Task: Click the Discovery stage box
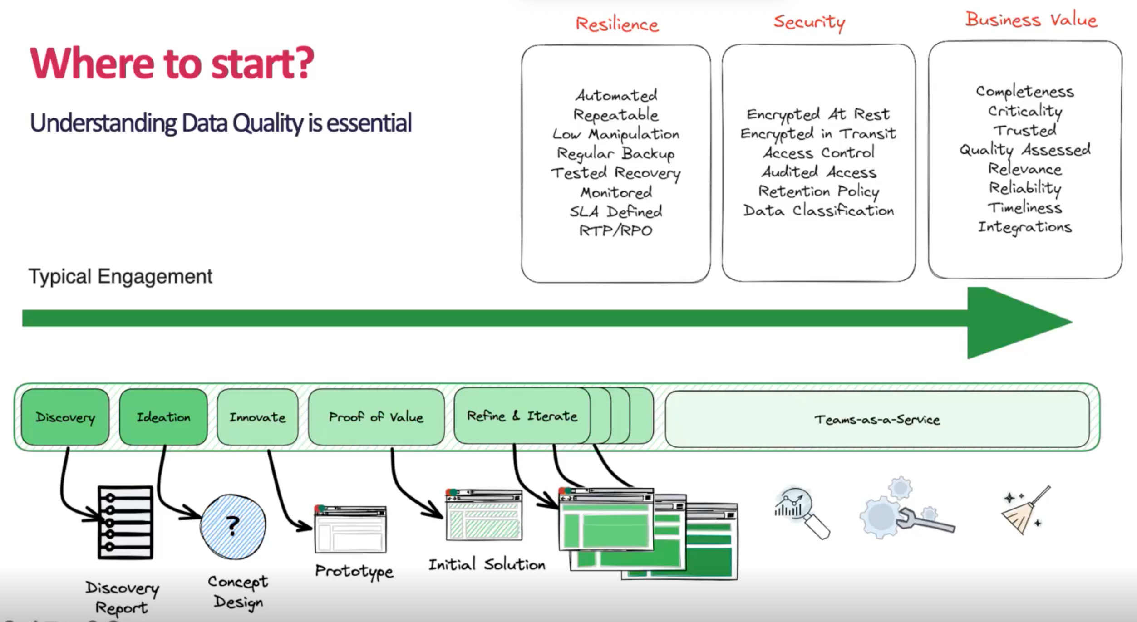pos(65,417)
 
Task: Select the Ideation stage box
pos(163,417)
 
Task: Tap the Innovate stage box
pos(257,417)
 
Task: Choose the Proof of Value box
pos(376,417)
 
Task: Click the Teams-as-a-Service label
pos(877,420)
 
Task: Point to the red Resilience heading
pos(617,24)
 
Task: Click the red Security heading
pos(809,22)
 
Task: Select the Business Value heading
pos(1031,20)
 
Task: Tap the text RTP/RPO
pos(615,230)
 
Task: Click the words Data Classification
pos(818,211)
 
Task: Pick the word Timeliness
pos(1025,208)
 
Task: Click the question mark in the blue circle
pos(233,526)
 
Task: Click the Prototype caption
pos(354,571)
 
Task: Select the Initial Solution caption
pos(487,565)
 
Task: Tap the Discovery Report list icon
pos(125,522)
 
